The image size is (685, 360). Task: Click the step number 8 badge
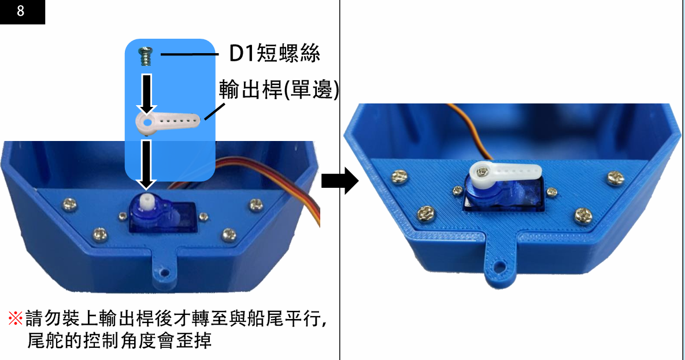point(22,12)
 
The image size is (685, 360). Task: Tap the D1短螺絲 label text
point(275,54)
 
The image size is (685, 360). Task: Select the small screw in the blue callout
point(146,57)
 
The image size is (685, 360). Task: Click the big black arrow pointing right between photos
point(340,180)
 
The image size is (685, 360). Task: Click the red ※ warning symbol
point(15,318)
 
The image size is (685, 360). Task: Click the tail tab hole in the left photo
point(165,272)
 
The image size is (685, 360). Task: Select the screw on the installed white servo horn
point(482,171)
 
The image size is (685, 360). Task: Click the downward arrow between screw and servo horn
point(147,93)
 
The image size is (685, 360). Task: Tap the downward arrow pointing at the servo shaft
point(147,164)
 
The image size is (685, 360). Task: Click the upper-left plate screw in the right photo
point(400,176)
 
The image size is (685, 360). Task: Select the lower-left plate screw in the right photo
point(425,213)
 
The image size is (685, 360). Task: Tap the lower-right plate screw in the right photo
point(583,214)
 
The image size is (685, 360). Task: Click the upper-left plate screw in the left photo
point(69,203)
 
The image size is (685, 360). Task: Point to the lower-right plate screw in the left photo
point(228,234)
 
